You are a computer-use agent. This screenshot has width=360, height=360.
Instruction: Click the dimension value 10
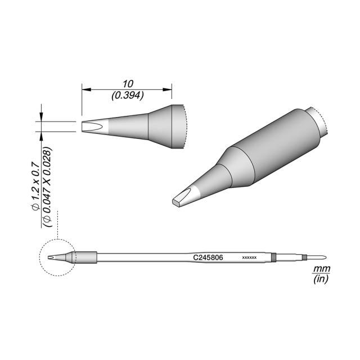click(x=128, y=84)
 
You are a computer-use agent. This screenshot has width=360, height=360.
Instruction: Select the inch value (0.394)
click(x=128, y=95)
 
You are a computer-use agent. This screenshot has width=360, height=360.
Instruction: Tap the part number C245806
click(x=208, y=258)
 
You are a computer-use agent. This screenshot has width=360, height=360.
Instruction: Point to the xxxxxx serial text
click(x=249, y=258)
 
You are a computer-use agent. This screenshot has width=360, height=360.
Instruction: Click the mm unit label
click(x=321, y=268)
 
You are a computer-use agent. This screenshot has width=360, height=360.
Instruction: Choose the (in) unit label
click(x=321, y=279)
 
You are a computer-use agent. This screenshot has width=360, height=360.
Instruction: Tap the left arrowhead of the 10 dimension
click(x=87, y=89)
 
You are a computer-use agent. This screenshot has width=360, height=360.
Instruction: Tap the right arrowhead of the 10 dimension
click(x=167, y=89)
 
